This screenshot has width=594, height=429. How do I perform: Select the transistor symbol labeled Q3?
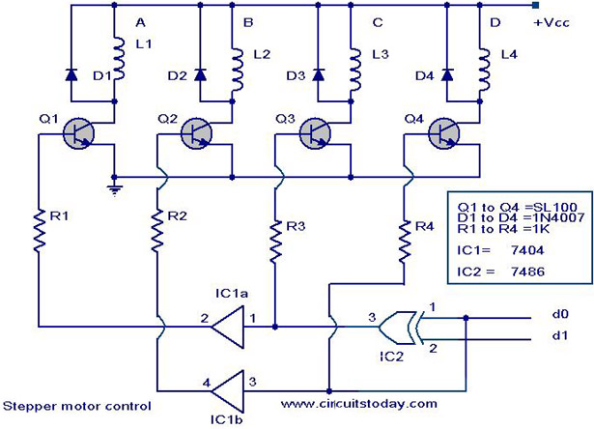point(317,132)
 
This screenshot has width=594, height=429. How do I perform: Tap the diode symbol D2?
point(201,74)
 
